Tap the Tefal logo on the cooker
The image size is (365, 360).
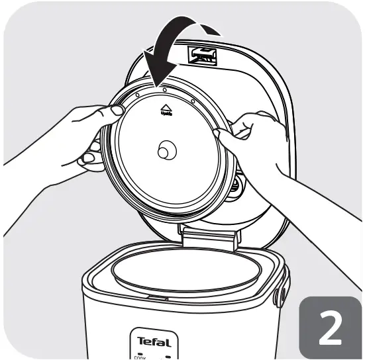click(154, 342)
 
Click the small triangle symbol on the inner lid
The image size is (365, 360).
click(166, 105)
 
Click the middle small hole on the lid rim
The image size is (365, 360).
click(164, 90)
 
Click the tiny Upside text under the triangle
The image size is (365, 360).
click(166, 114)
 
